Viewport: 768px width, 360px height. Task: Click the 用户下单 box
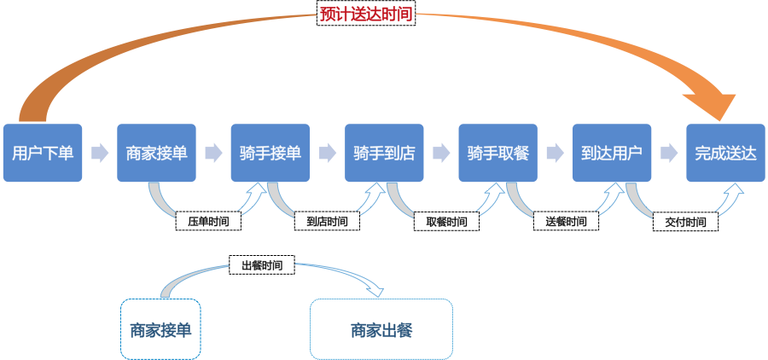(x=43, y=153)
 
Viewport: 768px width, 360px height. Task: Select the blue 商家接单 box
(x=156, y=153)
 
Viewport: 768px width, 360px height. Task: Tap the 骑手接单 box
(x=271, y=153)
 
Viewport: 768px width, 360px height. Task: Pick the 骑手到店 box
(x=384, y=153)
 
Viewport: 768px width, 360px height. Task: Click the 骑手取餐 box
(x=497, y=153)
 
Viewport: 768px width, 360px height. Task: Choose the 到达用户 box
(x=612, y=153)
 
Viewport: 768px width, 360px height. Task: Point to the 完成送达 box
(x=725, y=153)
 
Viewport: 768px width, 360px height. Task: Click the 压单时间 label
(x=208, y=222)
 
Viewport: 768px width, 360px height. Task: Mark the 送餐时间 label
(x=566, y=222)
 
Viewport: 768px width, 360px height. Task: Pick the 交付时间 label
(x=685, y=222)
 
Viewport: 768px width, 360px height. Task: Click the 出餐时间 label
(x=262, y=265)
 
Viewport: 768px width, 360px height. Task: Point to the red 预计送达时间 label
(x=367, y=15)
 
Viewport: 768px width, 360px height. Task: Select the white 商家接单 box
(x=161, y=329)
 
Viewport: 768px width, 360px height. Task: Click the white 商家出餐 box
(x=381, y=329)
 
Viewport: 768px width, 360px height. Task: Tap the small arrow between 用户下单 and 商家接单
(x=100, y=153)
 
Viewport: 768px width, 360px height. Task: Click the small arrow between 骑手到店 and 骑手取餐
(x=441, y=153)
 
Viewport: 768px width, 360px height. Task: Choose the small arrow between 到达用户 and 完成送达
(x=669, y=153)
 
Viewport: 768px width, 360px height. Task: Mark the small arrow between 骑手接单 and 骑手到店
(x=328, y=153)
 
